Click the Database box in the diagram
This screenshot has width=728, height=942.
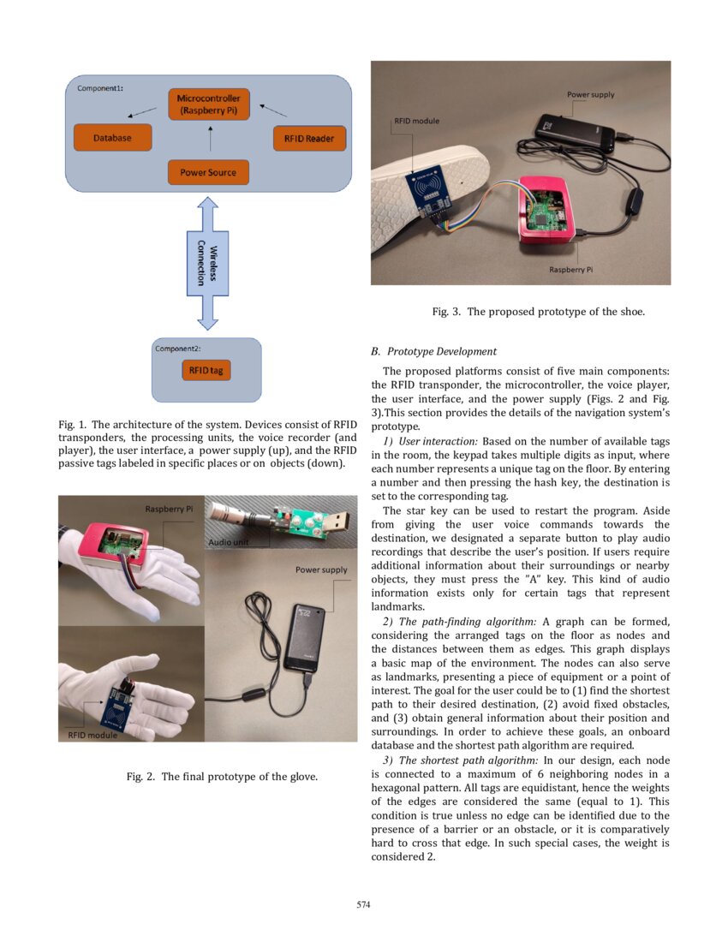[112, 138]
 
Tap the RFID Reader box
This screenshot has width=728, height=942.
[309, 139]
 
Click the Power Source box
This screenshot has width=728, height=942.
[208, 172]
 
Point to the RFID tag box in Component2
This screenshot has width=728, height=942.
[206, 371]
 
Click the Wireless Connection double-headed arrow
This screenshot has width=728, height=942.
[207, 263]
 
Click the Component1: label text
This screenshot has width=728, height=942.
[100, 89]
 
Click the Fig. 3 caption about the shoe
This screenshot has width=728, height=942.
[538, 312]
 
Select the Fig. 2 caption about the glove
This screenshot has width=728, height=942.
[222, 777]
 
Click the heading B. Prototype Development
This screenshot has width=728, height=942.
[433, 351]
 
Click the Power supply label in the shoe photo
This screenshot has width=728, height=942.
[590, 94]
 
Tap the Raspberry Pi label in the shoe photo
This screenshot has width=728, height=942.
[570, 270]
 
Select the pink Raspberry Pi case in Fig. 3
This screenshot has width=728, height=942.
[545, 215]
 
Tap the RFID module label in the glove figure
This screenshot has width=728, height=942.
[92, 735]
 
